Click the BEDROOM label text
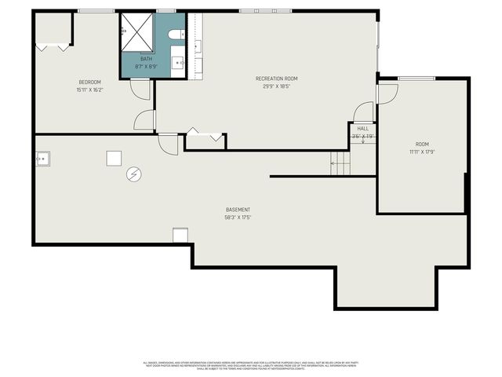pos(89,82)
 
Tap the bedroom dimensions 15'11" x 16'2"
pos(89,90)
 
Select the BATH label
pos(147,59)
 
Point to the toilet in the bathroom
pos(178,35)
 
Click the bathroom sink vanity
pos(179,60)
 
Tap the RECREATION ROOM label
pos(276,79)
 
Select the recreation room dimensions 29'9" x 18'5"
pos(276,86)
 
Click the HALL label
pos(362,128)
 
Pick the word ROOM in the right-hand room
pos(422,145)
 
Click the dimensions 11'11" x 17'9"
pos(422,152)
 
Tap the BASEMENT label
pos(238,210)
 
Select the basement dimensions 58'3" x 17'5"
pos(238,218)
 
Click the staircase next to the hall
pos(340,163)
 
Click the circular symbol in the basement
pos(134,174)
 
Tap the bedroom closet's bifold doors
pos(53,47)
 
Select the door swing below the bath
pos(140,89)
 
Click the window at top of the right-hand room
pos(417,78)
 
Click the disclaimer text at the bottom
pos(250,365)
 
